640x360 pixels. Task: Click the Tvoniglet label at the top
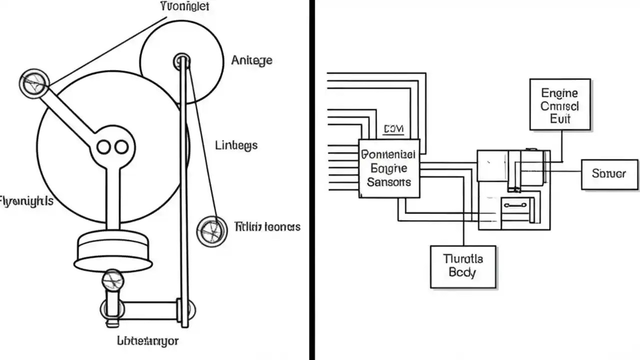pyautogui.click(x=184, y=6)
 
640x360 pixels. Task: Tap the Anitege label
pyautogui.click(x=251, y=60)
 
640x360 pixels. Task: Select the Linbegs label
pyautogui.click(x=236, y=145)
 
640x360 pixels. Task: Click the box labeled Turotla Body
pyautogui.click(x=463, y=266)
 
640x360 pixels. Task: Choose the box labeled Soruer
pyautogui.click(x=609, y=174)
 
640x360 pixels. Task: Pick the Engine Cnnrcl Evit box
pyautogui.click(x=560, y=105)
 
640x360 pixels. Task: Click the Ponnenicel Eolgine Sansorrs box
pyautogui.click(x=389, y=168)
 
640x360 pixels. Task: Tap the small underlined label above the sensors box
pyautogui.click(x=393, y=130)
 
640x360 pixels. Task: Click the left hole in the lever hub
pyautogui.click(x=103, y=147)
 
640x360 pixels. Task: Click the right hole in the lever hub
pyautogui.click(x=121, y=147)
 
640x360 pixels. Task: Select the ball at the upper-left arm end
pyautogui.click(x=34, y=83)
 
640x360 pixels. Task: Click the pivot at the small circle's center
pyautogui.click(x=181, y=61)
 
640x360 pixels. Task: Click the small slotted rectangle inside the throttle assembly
pyautogui.click(x=515, y=205)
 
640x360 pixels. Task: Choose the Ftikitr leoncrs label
pyautogui.click(x=267, y=227)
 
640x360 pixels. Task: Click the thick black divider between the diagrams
pyautogui.click(x=312, y=180)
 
